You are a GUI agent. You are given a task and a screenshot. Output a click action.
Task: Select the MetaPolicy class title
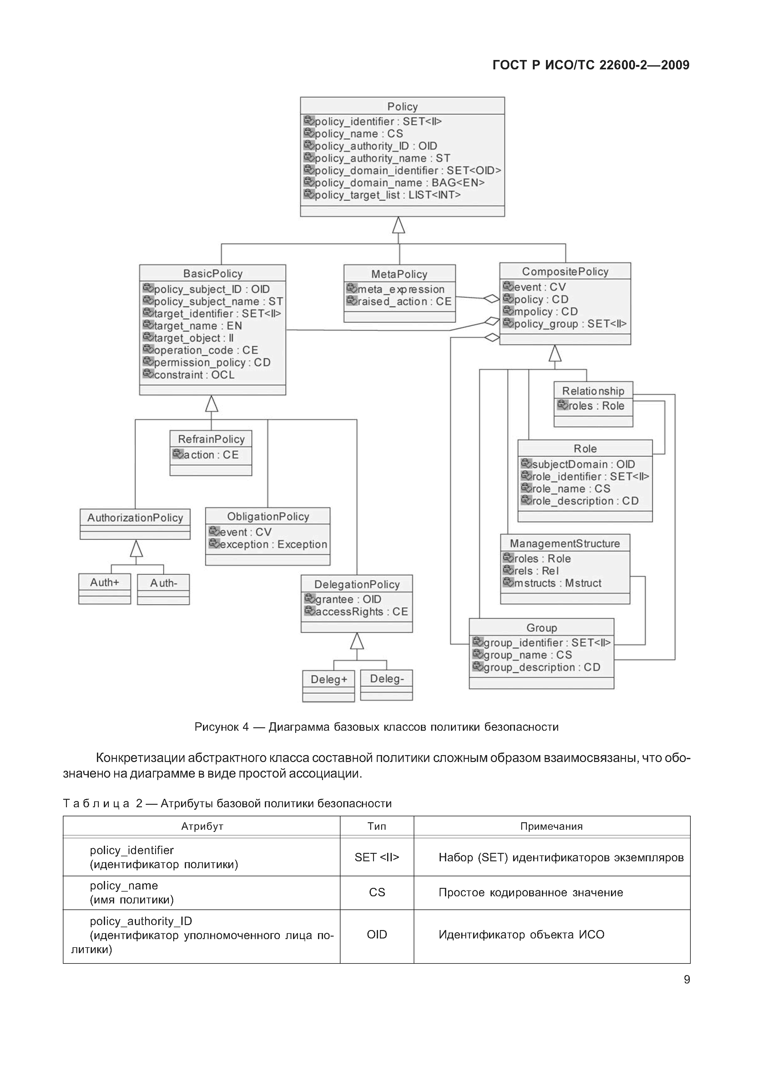click(399, 274)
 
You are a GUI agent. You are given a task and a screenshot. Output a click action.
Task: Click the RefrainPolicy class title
click(211, 439)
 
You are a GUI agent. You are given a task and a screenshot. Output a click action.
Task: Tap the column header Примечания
click(551, 826)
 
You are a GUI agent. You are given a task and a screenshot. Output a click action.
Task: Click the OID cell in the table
click(377, 934)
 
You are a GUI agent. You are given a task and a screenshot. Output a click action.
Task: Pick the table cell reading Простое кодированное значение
click(531, 893)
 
